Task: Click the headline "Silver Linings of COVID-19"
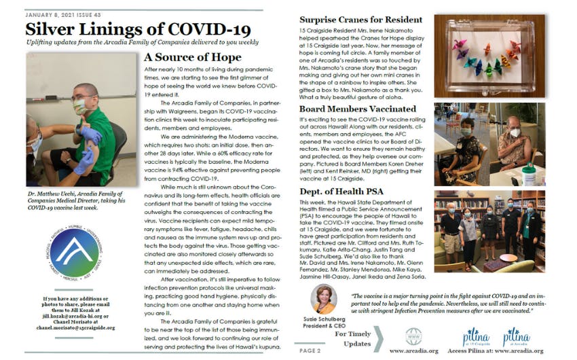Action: tap(138, 30)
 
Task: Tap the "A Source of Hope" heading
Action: tap(193, 58)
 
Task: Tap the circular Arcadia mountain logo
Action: tap(76, 254)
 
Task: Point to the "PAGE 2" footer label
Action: tap(310, 350)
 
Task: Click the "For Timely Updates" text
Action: tap(352, 339)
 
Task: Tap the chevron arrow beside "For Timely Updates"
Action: tap(378, 339)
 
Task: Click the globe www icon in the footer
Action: tap(413, 336)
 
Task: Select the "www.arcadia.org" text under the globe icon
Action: tap(413, 351)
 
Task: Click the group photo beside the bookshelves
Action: tap(489, 230)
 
